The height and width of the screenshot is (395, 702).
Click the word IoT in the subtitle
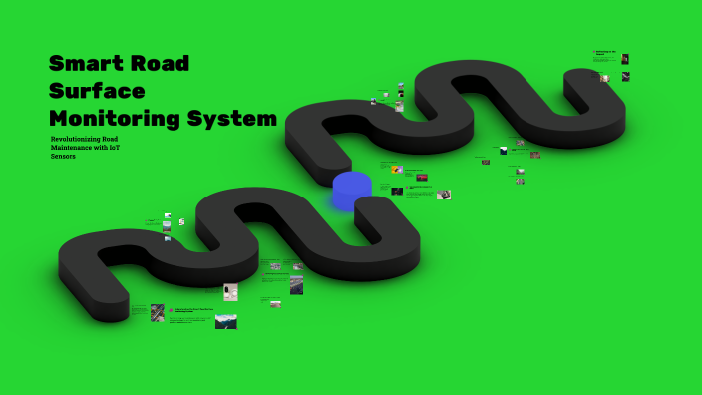115,148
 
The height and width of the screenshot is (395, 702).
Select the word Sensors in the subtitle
63,157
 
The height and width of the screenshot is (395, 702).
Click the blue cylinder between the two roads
352,190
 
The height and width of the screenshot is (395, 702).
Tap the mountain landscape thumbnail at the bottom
226,321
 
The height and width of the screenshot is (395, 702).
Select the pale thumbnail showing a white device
230,291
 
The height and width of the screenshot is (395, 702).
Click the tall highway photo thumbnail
297,285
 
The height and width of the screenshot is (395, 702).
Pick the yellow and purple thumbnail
397,170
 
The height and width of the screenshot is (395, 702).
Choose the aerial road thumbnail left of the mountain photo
158,312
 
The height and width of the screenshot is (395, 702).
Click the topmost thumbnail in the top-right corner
625,59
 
